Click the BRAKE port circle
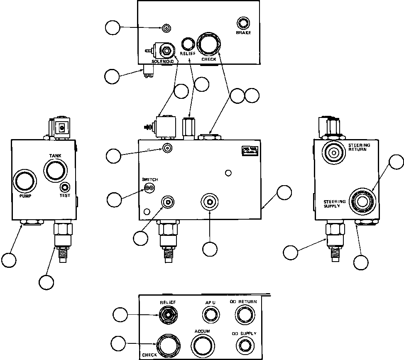242,22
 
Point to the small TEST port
65,187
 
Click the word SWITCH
150,179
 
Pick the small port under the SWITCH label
149,188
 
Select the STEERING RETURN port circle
333,152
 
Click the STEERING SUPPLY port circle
362,200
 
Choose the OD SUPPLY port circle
243,344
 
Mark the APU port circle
209,316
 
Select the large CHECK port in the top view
209,44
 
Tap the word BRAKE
243,32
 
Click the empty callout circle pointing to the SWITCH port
115,199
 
